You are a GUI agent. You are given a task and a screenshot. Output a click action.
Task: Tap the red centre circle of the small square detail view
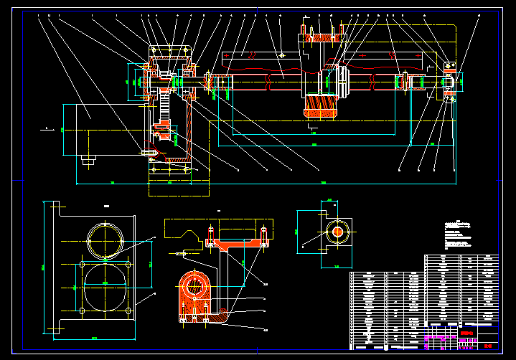tap(337, 232)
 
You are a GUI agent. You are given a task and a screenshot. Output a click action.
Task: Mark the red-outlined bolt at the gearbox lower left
tap(149, 152)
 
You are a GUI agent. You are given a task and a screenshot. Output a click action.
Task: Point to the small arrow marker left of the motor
tap(47, 129)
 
